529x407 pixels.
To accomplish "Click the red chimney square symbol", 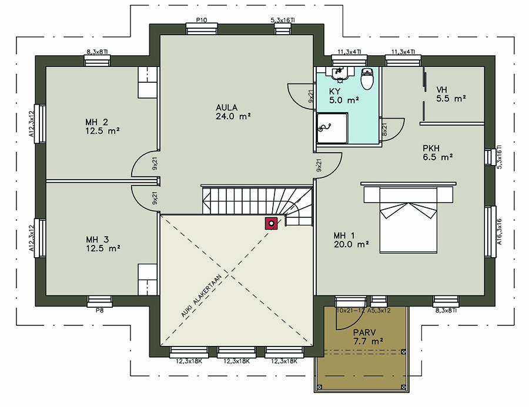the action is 271,223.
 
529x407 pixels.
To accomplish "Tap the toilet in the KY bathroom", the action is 367,79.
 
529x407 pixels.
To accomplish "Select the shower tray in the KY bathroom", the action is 332,128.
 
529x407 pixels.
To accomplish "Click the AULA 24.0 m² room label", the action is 233,112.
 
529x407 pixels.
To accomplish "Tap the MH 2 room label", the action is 102,126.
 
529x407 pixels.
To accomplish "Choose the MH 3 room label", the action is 103,244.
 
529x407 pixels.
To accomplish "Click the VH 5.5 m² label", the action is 451,94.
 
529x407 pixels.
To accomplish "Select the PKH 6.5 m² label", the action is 437,153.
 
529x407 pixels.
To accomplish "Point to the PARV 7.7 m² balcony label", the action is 368,337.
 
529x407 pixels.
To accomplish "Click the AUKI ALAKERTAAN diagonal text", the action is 201,296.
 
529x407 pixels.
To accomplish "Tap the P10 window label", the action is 202,20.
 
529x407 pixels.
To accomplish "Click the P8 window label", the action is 99,310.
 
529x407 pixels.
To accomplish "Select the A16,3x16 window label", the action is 499,231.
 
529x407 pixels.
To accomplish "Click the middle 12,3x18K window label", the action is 236,361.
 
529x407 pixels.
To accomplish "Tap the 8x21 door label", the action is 384,129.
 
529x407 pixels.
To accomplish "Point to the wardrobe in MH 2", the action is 148,83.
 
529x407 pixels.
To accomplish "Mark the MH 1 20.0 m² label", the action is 351,240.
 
